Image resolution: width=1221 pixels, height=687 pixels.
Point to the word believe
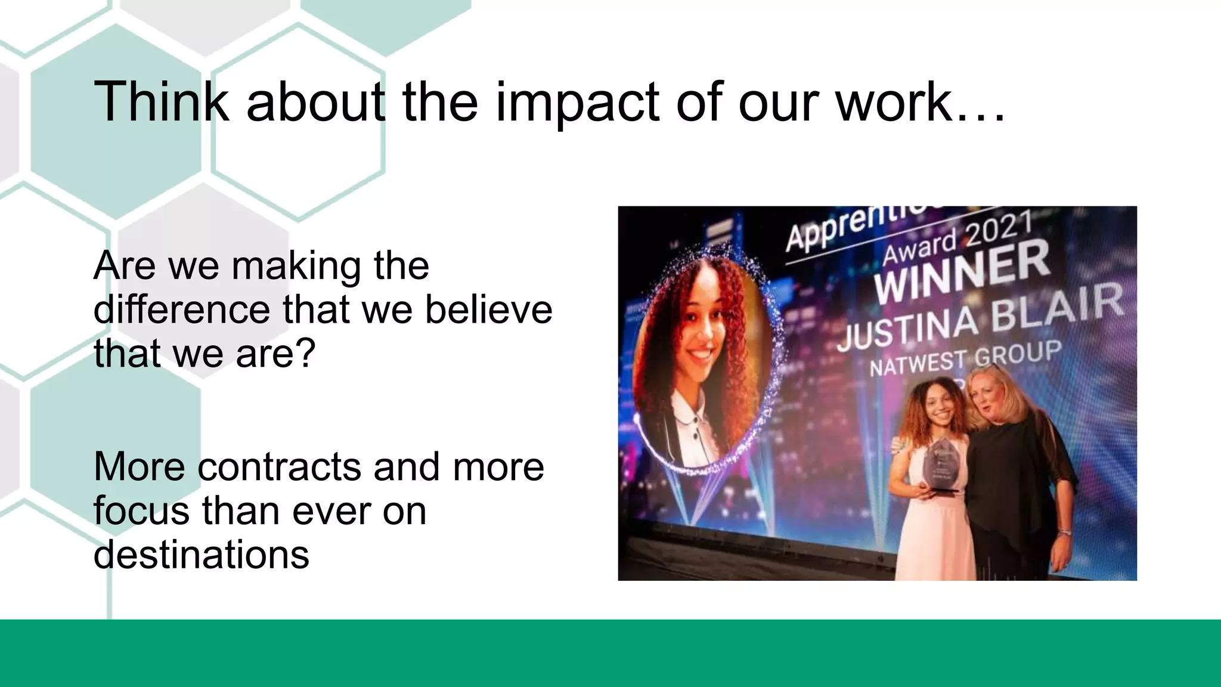tap(488, 310)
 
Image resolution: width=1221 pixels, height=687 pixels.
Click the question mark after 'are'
tap(305, 354)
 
